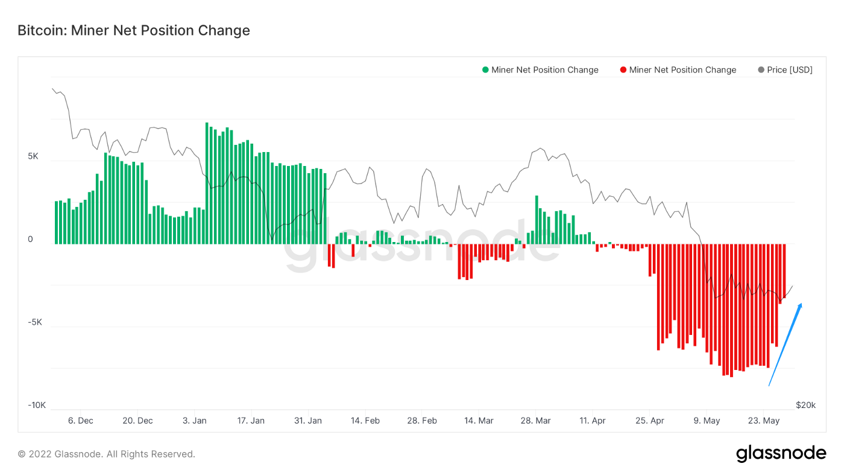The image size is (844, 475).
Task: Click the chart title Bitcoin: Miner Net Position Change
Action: click(133, 30)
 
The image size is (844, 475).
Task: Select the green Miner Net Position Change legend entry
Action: click(540, 70)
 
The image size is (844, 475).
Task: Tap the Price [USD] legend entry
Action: click(785, 70)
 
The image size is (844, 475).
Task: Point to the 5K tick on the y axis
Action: click(33, 157)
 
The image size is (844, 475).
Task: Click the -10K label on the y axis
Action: click(37, 405)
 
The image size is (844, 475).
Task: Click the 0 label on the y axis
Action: click(30, 240)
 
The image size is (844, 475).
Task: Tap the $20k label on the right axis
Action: click(805, 405)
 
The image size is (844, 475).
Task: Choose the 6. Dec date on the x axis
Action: click(80, 421)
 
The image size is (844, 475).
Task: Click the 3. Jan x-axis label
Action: click(195, 421)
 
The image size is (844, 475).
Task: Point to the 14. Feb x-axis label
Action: click(365, 421)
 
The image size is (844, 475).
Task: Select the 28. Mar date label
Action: click(535, 421)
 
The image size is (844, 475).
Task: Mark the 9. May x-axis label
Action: click(707, 421)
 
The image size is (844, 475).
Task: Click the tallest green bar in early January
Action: click(207, 181)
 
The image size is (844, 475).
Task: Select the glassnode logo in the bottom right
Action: click(781, 454)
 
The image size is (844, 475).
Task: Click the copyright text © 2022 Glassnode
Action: click(106, 454)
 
